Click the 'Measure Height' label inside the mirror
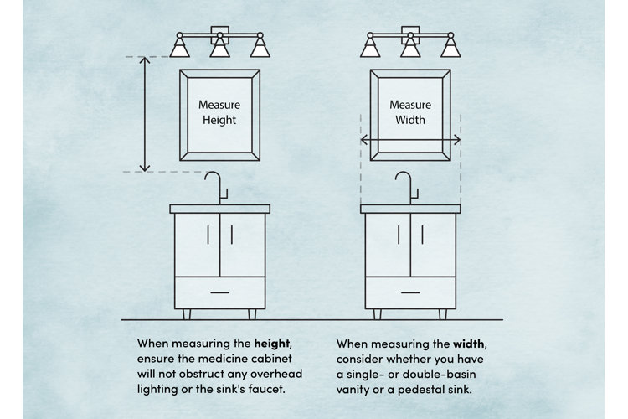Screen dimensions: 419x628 219,113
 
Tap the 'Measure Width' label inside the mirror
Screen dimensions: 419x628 410,113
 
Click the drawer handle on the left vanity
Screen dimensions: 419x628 219,292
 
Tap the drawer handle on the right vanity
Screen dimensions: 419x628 410,292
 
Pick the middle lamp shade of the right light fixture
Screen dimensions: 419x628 410,49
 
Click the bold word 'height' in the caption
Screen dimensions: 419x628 275,344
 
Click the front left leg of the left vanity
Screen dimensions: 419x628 185,314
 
